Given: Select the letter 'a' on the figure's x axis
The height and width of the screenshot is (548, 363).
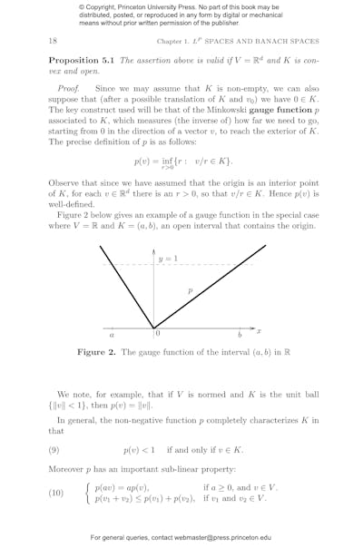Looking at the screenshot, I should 112,335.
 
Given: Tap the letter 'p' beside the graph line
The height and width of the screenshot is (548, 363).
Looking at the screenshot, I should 190,290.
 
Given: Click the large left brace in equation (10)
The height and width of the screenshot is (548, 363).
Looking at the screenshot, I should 87,493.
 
